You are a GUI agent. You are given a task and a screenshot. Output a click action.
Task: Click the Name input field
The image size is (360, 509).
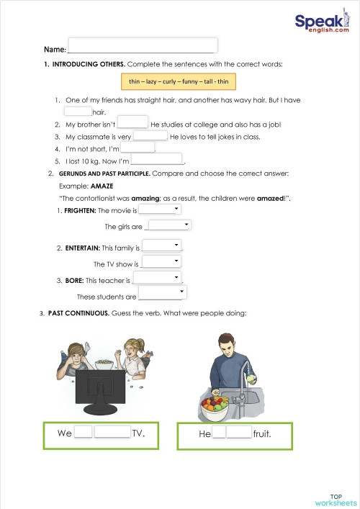pyautogui.click(x=143, y=45)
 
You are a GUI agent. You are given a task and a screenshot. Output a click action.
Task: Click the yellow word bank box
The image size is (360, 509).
pyautogui.click(x=179, y=81)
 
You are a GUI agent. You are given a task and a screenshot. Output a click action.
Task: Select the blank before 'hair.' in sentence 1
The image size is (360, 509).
pyautogui.click(x=78, y=112)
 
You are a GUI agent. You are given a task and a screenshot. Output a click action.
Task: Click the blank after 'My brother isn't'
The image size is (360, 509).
pyautogui.click(x=132, y=123)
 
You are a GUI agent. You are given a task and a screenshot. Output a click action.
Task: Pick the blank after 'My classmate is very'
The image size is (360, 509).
pyautogui.click(x=150, y=135)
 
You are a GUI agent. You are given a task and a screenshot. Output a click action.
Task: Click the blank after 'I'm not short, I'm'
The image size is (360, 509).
pyautogui.click(x=137, y=148)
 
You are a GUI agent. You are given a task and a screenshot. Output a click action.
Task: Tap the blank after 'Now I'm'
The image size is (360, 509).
pyautogui.click(x=157, y=159)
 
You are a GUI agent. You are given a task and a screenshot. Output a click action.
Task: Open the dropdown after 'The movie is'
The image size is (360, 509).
pyautogui.click(x=159, y=209)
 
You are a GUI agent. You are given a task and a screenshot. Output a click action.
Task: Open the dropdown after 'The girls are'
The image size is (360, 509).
pyautogui.click(x=167, y=225)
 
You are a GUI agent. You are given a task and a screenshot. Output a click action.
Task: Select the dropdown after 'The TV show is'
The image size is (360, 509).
pyautogui.click(x=161, y=263)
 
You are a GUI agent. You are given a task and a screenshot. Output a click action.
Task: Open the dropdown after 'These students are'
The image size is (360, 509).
pyautogui.click(x=162, y=294)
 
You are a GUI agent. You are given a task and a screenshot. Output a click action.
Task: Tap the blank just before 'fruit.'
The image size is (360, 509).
pyautogui.click(x=239, y=433)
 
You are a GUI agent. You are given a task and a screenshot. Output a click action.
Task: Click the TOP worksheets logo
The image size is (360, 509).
pyautogui.click(x=331, y=500)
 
